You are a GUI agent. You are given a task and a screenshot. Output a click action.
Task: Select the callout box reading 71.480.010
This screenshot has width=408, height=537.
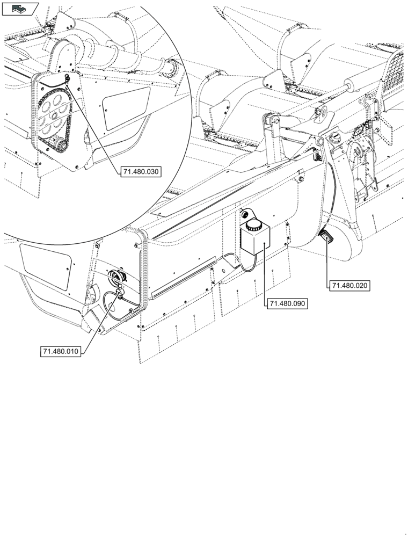click(x=61, y=352)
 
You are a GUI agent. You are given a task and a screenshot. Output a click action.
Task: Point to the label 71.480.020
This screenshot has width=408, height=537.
click(x=350, y=285)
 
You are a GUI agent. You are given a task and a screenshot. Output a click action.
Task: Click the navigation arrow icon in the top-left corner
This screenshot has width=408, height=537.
click(x=20, y=8)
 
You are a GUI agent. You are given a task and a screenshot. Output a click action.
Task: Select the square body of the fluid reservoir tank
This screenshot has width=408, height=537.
click(x=254, y=242)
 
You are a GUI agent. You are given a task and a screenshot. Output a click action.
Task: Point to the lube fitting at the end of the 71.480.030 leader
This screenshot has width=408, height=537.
click(x=67, y=79)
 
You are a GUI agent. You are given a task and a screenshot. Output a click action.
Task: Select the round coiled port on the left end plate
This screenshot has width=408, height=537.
click(x=116, y=277)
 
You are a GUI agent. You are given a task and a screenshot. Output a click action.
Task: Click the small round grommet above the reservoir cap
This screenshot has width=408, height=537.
click(x=246, y=213)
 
